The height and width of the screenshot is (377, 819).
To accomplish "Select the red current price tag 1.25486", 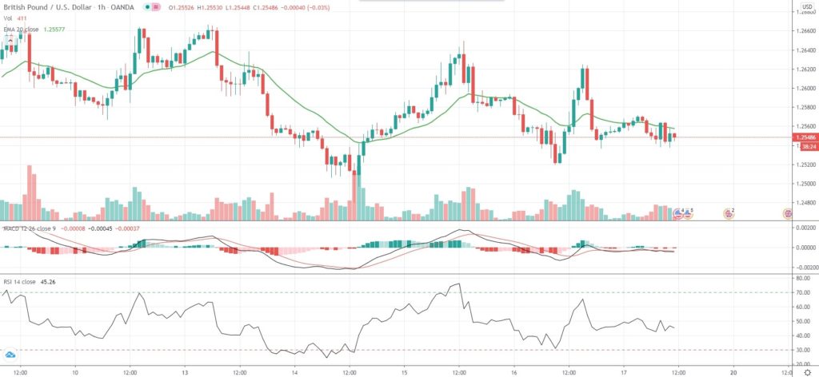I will point(803,137).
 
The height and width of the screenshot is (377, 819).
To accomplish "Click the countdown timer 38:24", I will point(803,146).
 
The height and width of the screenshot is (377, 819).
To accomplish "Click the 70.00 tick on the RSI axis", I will point(800,293).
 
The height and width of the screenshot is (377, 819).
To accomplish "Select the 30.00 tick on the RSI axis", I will point(800,349).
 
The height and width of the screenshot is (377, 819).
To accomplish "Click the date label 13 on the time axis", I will point(185,372).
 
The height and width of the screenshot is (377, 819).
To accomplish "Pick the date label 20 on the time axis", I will point(733,372).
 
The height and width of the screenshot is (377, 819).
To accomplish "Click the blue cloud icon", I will point(10,354).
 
